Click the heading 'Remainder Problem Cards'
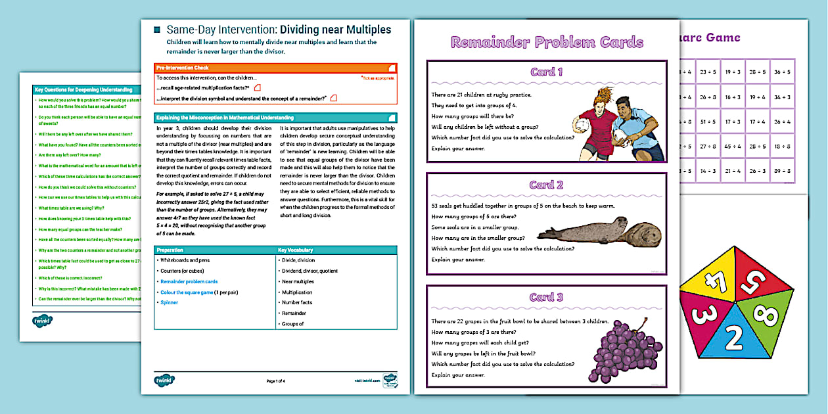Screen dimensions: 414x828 coord(547,43)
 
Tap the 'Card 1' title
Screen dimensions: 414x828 coord(547,72)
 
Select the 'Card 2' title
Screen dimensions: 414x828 coord(547,185)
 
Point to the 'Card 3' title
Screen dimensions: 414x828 coord(547,297)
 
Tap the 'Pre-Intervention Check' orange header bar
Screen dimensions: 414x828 coord(275,68)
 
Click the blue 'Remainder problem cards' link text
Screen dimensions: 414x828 coord(189,281)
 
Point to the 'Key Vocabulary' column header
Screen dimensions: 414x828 coord(296,250)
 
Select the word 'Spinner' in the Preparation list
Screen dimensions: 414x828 coord(170,302)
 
